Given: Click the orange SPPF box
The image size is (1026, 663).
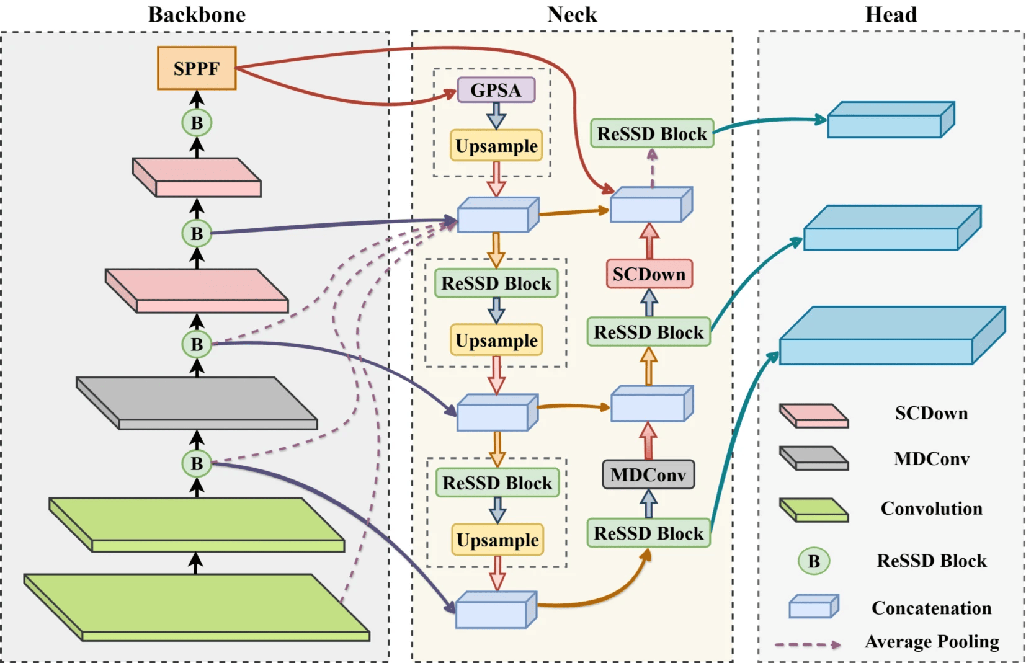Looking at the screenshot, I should (197, 68).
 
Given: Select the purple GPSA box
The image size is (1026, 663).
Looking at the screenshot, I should (496, 90).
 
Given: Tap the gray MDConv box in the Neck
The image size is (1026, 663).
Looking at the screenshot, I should (648, 474).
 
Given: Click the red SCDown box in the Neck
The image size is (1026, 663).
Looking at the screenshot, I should (649, 274).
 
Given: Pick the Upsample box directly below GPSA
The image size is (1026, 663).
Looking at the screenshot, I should (496, 146).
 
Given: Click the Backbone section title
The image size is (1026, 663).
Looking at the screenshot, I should (197, 14).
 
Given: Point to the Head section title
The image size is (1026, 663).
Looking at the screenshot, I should (890, 14).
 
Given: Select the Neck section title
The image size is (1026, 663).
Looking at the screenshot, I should (571, 14).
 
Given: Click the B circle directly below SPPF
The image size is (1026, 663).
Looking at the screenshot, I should (197, 123).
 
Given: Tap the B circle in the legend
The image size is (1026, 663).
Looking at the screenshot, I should (813, 561).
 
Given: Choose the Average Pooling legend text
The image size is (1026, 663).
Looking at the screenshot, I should (932, 641).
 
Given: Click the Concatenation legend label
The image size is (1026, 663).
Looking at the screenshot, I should (931, 608).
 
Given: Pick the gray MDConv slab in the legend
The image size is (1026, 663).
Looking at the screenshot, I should (814, 458).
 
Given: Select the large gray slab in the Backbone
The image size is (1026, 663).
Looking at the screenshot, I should (197, 403).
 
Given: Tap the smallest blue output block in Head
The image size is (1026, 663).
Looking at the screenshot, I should (890, 120).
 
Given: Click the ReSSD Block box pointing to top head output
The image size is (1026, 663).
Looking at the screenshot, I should (651, 133).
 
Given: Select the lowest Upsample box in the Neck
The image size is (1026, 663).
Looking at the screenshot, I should (497, 540).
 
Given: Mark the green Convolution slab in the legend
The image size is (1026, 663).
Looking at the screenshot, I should (814, 510).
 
